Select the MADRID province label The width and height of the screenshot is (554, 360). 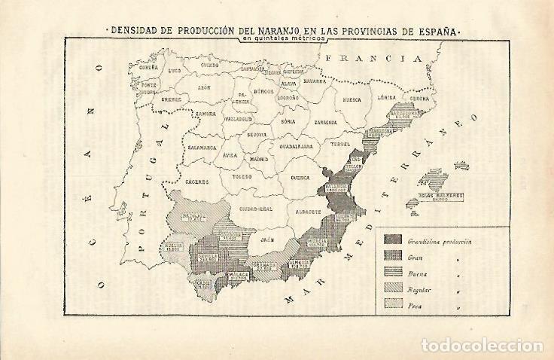259,159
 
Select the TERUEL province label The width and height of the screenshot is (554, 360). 342,144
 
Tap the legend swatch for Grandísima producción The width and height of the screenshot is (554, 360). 393,241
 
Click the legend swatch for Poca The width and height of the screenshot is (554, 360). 393,306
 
